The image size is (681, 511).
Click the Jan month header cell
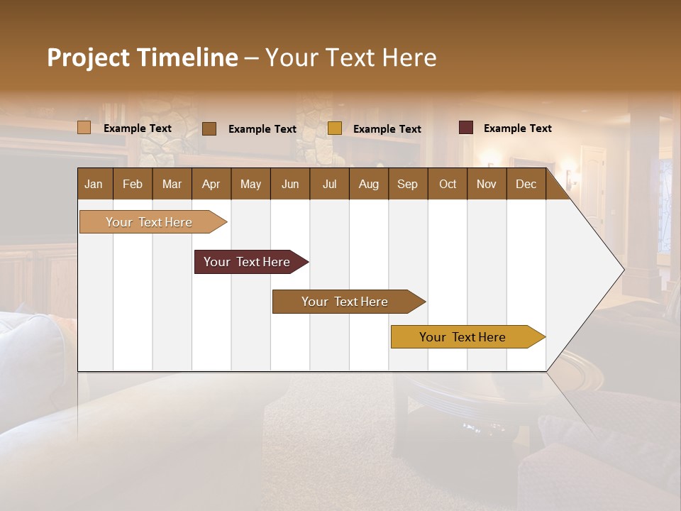[x=94, y=184]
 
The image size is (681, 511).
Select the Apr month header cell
[x=211, y=184]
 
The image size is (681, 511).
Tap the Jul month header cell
[x=329, y=184]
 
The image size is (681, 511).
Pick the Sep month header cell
[x=407, y=184]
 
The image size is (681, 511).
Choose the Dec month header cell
[x=526, y=184]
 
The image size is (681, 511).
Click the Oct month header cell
[x=447, y=184]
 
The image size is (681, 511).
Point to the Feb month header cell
[x=133, y=184]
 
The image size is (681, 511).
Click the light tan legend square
[x=84, y=128]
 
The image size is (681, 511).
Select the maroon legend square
[x=465, y=128]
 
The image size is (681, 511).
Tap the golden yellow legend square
[x=335, y=128]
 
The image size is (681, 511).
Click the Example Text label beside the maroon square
[x=517, y=128]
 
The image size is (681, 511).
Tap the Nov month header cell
[x=487, y=184]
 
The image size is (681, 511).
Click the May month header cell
[x=250, y=184]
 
